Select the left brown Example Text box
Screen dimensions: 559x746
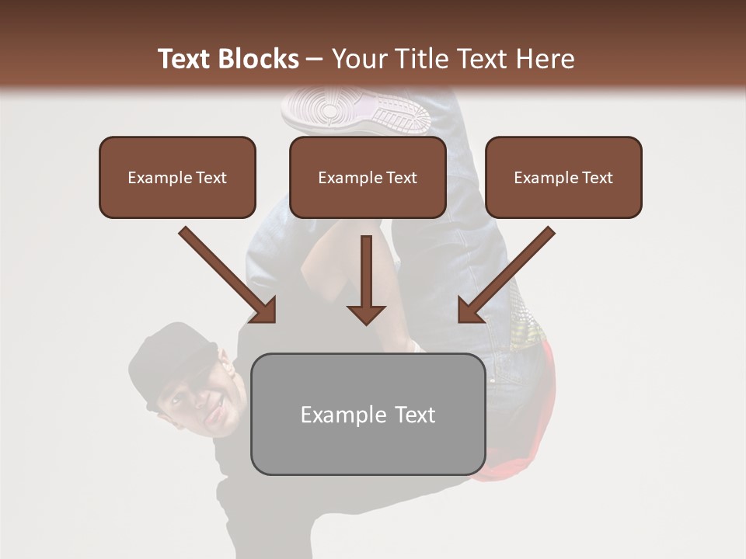coord(177,177)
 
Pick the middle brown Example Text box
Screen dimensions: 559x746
coord(368,177)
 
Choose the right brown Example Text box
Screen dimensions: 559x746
coord(563,177)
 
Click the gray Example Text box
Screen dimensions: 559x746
coord(368,414)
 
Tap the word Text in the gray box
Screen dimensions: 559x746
coord(415,415)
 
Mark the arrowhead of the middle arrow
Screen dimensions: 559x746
coord(366,314)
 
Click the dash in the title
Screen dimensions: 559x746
coord(315,59)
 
